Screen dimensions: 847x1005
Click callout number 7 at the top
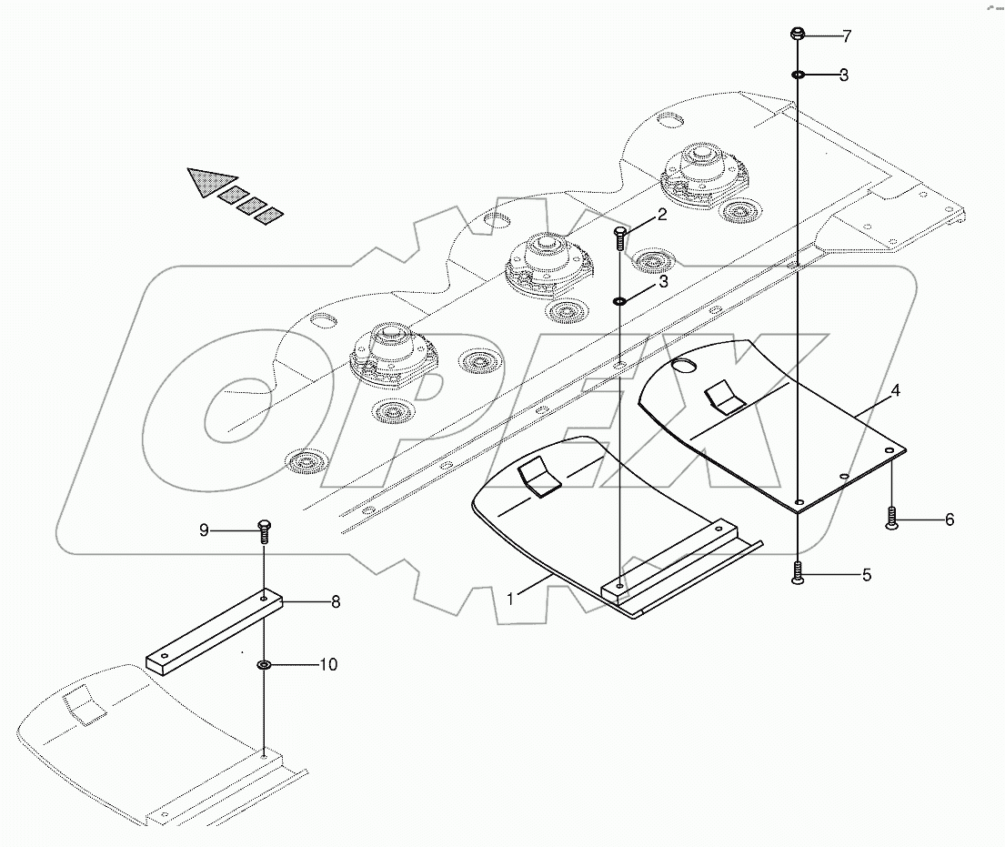pos(846,37)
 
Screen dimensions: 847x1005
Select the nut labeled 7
pos(797,35)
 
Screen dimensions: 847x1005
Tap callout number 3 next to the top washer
pos(844,76)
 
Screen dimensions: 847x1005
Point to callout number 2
pos(662,216)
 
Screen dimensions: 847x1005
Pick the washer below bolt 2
pos(618,300)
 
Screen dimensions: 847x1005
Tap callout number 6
pos(949,520)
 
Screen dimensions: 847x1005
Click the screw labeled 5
pos(797,574)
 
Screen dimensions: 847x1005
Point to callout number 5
pos(866,575)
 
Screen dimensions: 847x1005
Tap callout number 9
pos(205,529)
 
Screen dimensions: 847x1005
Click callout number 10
pos(327,665)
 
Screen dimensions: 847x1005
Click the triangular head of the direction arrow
pos(210,180)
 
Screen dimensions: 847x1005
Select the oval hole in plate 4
pos(683,365)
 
